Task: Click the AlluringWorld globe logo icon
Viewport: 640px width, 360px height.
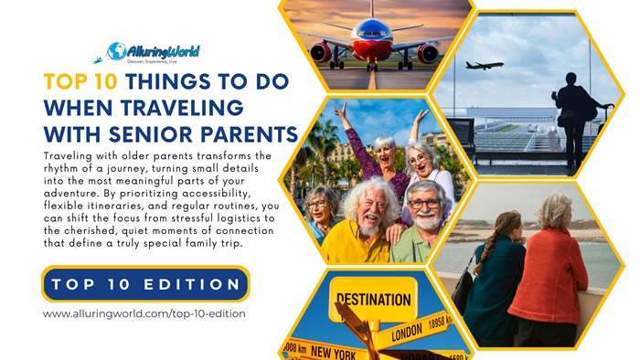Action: click(116, 51)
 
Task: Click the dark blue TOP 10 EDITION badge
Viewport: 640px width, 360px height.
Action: click(145, 284)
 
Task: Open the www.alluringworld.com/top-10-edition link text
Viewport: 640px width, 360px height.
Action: click(144, 313)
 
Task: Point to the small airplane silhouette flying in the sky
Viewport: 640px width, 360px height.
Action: click(484, 65)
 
